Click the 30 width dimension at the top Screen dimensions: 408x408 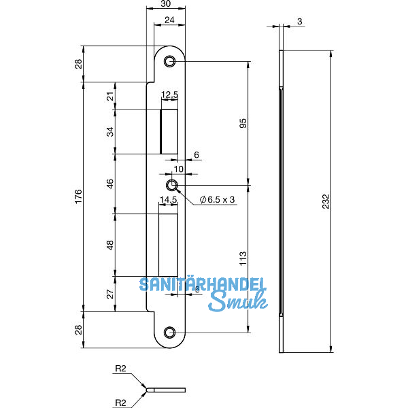point(165,5)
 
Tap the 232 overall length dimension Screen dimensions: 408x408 point(327,201)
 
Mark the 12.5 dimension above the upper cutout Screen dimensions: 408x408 point(169,95)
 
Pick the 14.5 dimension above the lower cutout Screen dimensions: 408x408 point(168,200)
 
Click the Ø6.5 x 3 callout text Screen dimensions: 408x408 point(218,199)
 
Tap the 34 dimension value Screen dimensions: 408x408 point(111,131)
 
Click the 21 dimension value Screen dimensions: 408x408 point(111,97)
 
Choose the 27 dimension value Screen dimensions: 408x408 point(111,294)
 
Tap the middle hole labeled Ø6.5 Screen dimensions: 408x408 point(173,185)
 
